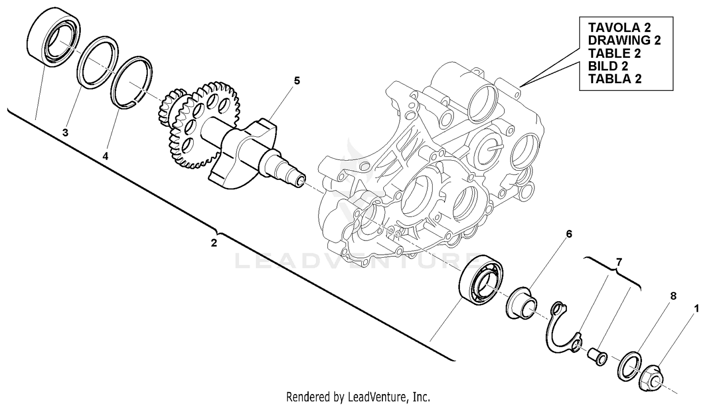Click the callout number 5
click(x=297, y=81)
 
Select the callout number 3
click(x=65, y=132)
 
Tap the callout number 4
click(x=105, y=156)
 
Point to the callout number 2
click(x=214, y=243)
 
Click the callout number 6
click(x=569, y=234)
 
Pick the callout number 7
click(x=619, y=262)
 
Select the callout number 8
click(x=673, y=296)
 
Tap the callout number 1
click(x=696, y=309)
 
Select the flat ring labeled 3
click(x=98, y=63)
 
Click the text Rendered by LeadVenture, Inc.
click(x=358, y=396)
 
